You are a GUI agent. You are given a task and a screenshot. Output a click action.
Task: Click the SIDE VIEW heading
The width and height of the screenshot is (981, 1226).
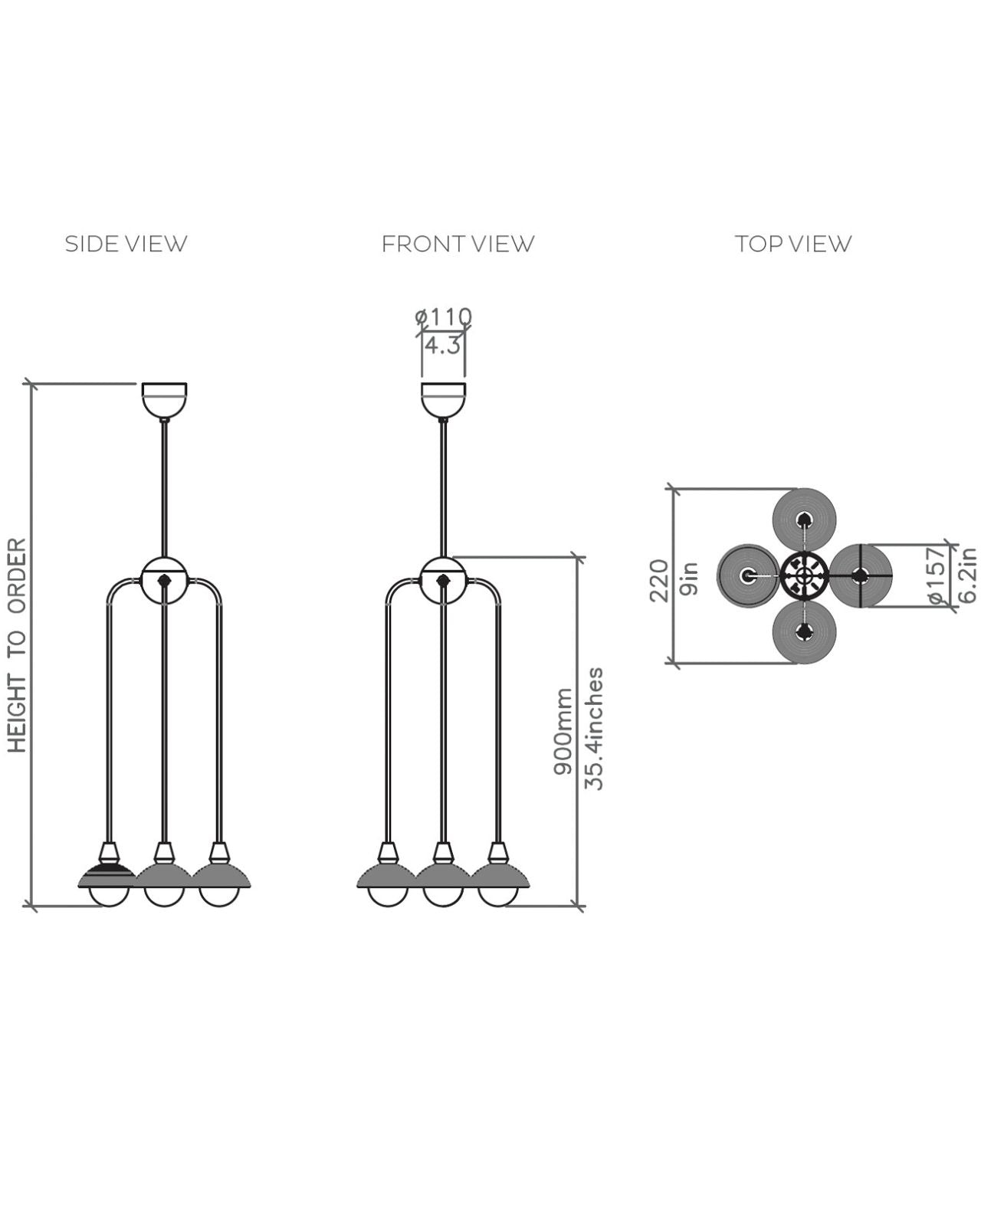pyautogui.click(x=126, y=244)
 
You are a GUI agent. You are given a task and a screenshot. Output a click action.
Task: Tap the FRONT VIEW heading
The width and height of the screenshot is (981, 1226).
pyautogui.click(x=458, y=244)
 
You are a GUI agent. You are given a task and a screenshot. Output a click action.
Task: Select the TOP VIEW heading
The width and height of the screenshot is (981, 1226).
pyautogui.click(x=793, y=244)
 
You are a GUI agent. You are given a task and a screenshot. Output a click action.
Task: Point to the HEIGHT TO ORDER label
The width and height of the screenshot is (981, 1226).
pyautogui.click(x=17, y=645)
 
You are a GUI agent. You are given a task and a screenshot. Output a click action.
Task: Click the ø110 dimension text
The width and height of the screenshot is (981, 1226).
pyautogui.click(x=444, y=316)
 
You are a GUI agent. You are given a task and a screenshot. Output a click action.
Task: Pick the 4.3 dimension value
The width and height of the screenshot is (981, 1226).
pyautogui.click(x=443, y=346)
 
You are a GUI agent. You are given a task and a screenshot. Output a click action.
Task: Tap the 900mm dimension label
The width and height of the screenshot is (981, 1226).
pyautogui.click(x=564, y=731)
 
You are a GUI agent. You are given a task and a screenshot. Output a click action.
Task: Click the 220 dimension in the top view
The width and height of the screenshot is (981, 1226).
pyautogui.click(x=659, y=580)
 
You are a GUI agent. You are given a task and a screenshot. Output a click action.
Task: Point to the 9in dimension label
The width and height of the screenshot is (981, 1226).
pyautogui.click(x=689, y=579)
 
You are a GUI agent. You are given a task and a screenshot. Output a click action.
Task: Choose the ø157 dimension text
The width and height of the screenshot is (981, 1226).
pyautogui.click(x=937, y=575)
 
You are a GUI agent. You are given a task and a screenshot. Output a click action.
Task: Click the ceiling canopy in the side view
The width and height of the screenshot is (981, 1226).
pyautogui.click(x=164, y=399)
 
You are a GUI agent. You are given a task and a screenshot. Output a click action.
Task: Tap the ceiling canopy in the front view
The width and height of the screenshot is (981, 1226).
pyautogui.click(x=444, y=399)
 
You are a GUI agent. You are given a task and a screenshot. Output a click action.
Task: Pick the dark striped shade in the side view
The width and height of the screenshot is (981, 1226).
pyautogui.click(x=108, y=876)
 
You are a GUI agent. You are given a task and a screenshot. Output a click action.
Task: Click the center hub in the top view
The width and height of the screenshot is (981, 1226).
pyautogui.click(x=804, y=575)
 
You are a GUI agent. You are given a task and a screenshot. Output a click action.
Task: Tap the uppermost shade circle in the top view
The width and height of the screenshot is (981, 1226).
pyautogui.click(x=804, y=520)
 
